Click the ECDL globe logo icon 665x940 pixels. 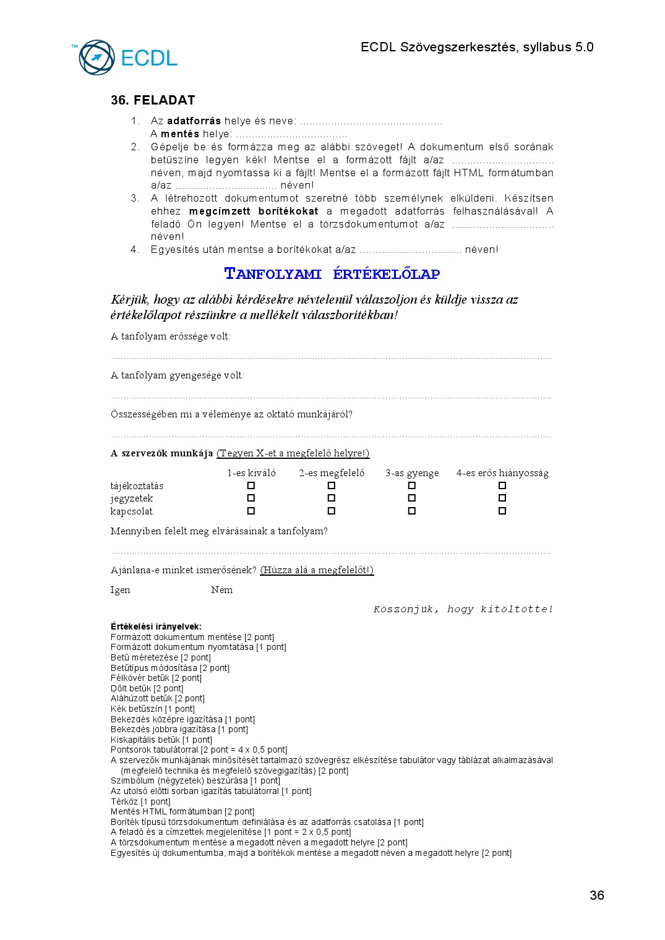97,58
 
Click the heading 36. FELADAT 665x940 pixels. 153,100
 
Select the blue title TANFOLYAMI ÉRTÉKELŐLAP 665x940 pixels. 332,274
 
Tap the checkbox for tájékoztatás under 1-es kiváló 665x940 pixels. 251,485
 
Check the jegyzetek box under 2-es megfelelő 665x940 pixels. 332,498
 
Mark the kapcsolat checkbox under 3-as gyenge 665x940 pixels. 412,511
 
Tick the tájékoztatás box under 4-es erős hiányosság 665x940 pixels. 502,485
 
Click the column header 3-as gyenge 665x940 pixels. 412,473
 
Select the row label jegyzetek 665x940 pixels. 132,498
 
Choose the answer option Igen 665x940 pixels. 120,590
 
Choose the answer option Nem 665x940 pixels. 221,590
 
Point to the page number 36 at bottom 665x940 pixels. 597,895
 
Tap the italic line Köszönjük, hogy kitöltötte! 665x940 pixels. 463,609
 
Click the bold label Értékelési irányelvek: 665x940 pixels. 156,626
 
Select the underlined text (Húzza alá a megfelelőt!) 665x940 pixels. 317,570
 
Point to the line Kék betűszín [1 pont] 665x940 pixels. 152,709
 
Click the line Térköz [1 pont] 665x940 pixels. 140,801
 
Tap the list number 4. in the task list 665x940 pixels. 135,249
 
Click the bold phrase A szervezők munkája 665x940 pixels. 161,453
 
